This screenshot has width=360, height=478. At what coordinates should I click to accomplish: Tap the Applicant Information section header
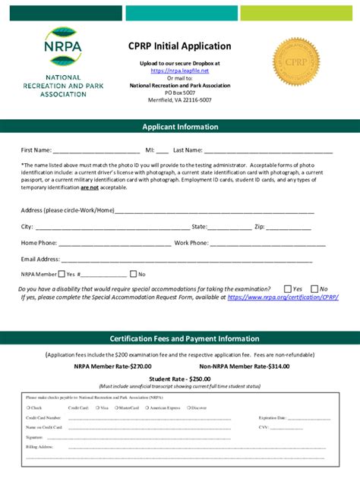(180, 127)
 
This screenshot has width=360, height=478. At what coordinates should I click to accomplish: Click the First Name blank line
(96, 151)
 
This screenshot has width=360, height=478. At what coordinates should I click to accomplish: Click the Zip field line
(289, 227)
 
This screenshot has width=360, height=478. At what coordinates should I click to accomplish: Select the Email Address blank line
(187, 259)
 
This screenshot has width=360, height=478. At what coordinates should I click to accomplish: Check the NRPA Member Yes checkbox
(62, 274)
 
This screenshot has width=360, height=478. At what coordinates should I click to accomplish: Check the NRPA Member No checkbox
(134, 274)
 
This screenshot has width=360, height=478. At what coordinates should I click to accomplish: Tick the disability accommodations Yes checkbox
(287, 289)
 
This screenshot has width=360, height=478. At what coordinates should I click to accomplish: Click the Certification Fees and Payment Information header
(185, 338)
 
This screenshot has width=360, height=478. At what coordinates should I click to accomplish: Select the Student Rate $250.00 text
(180, 379)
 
